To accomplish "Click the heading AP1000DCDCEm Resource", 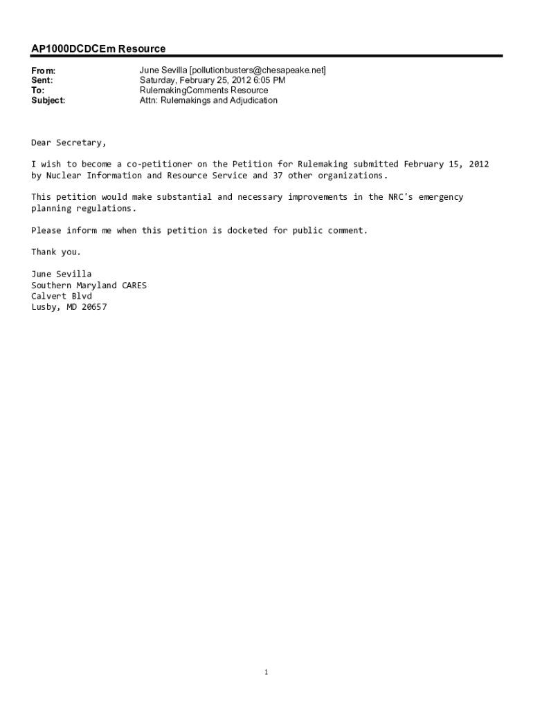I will click(98, 49).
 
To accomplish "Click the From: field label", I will click(43, 71).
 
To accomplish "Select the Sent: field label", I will click(42, 80).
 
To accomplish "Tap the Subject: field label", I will click(48, 100).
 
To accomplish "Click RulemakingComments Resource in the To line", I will click(204, 91).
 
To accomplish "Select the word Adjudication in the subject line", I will click(251, 100).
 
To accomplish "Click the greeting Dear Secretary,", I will click(69, 142).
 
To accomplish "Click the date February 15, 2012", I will click(446, 164).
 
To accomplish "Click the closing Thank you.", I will click(56, 252).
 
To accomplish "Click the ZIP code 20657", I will click(94, 306).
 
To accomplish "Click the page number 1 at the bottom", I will click(266, 671).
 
